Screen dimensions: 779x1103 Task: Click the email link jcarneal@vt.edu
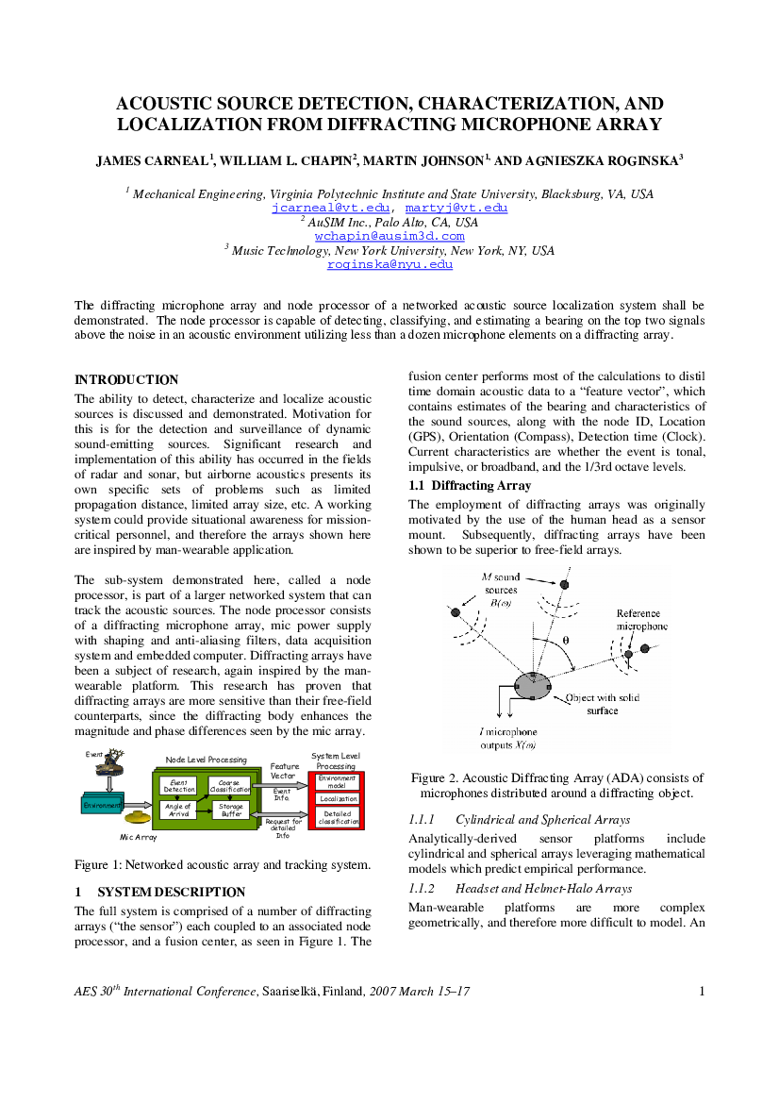click(330, 208)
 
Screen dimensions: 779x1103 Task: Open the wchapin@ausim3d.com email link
click(389, 236)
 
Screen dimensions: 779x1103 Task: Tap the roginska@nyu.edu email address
click(389, 264)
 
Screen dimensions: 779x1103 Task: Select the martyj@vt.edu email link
click(456, 208)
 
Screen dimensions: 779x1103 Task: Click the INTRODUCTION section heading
click(126, 380)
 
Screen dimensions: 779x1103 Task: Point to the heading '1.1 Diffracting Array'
click(470, 485)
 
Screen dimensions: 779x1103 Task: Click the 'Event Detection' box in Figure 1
click(179, 787)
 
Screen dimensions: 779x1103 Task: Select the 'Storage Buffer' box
click(231, 811)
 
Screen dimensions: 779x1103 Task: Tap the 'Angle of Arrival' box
click(178, 811)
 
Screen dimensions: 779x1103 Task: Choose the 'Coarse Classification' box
click(229, 787)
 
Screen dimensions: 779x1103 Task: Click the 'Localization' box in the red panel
click(339, 799)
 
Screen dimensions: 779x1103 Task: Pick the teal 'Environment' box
click(102, 805)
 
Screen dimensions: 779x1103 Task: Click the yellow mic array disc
click(139, 818)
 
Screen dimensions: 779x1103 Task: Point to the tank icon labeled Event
click(112, 762)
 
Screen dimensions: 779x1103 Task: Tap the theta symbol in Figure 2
click(566, 640)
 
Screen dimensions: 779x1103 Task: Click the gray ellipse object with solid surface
click(533, 685)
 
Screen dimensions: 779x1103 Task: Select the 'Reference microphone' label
click(642, 620)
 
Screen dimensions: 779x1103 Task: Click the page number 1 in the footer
click(702, 991)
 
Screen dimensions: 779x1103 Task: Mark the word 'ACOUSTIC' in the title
click(164, 104)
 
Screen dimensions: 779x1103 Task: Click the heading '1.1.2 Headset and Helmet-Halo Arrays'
click(521, 889)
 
